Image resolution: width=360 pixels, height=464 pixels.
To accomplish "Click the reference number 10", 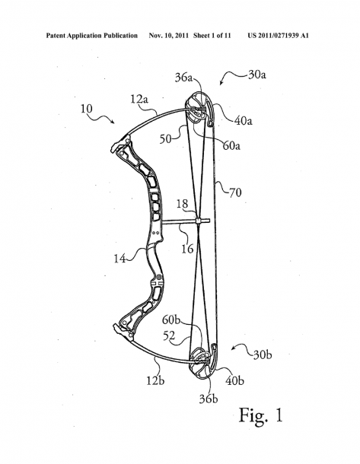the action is click(x=87, y=109).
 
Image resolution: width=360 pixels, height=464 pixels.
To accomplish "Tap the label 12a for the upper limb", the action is click(x=139, y=99).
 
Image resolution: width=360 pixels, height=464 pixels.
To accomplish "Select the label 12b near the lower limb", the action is click(x=155, y=380).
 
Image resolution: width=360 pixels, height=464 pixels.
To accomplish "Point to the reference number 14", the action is click(x=120, y=259).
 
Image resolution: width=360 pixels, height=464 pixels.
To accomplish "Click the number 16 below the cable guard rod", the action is click(x=187, y=249).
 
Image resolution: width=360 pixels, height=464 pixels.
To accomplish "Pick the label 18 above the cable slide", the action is click(x=183, y=204).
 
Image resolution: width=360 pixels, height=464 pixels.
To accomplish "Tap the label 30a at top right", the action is click(x=257, y=75).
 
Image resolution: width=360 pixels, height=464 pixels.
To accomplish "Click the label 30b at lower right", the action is click(x=263, y=354).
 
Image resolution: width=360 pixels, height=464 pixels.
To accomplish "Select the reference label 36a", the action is click(x=184, y=78).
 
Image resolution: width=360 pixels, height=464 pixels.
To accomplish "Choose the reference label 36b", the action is click(x=209, y=399).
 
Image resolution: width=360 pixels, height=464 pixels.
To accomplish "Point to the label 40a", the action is click(x=244, y=121).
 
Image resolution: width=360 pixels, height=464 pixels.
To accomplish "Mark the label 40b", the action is click(x=234, y=380).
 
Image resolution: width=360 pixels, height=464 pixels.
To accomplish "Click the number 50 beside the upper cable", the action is click(x=166, y=138).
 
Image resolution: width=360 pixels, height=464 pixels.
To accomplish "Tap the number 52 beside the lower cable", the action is click(x=169, y=335).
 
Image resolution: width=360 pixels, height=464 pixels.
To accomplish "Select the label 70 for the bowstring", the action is click(x=235, y=192).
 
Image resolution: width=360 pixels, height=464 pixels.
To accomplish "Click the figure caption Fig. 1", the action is click(x=261, y=415).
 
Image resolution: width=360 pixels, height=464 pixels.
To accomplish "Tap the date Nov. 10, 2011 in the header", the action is click(x=169, y=36).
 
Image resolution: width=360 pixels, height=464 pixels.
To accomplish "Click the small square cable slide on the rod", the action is click(x=199, y=221).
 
